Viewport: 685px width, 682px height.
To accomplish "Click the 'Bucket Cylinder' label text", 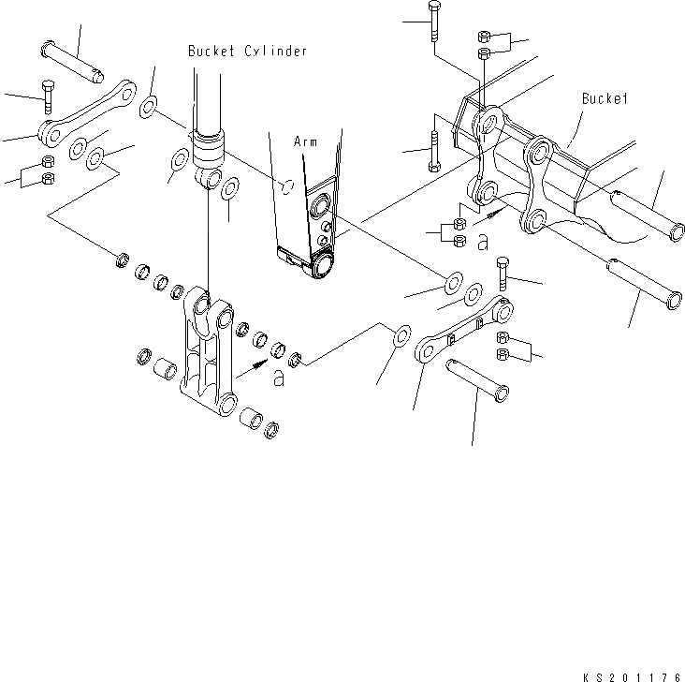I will click(x=247, y=52).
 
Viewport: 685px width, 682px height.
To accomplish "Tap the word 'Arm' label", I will click(x=305, y=141).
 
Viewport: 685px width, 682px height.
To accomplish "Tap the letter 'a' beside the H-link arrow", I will click(x=278, y=378).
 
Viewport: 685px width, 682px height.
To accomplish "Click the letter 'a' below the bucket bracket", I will click(x=483, y=243).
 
